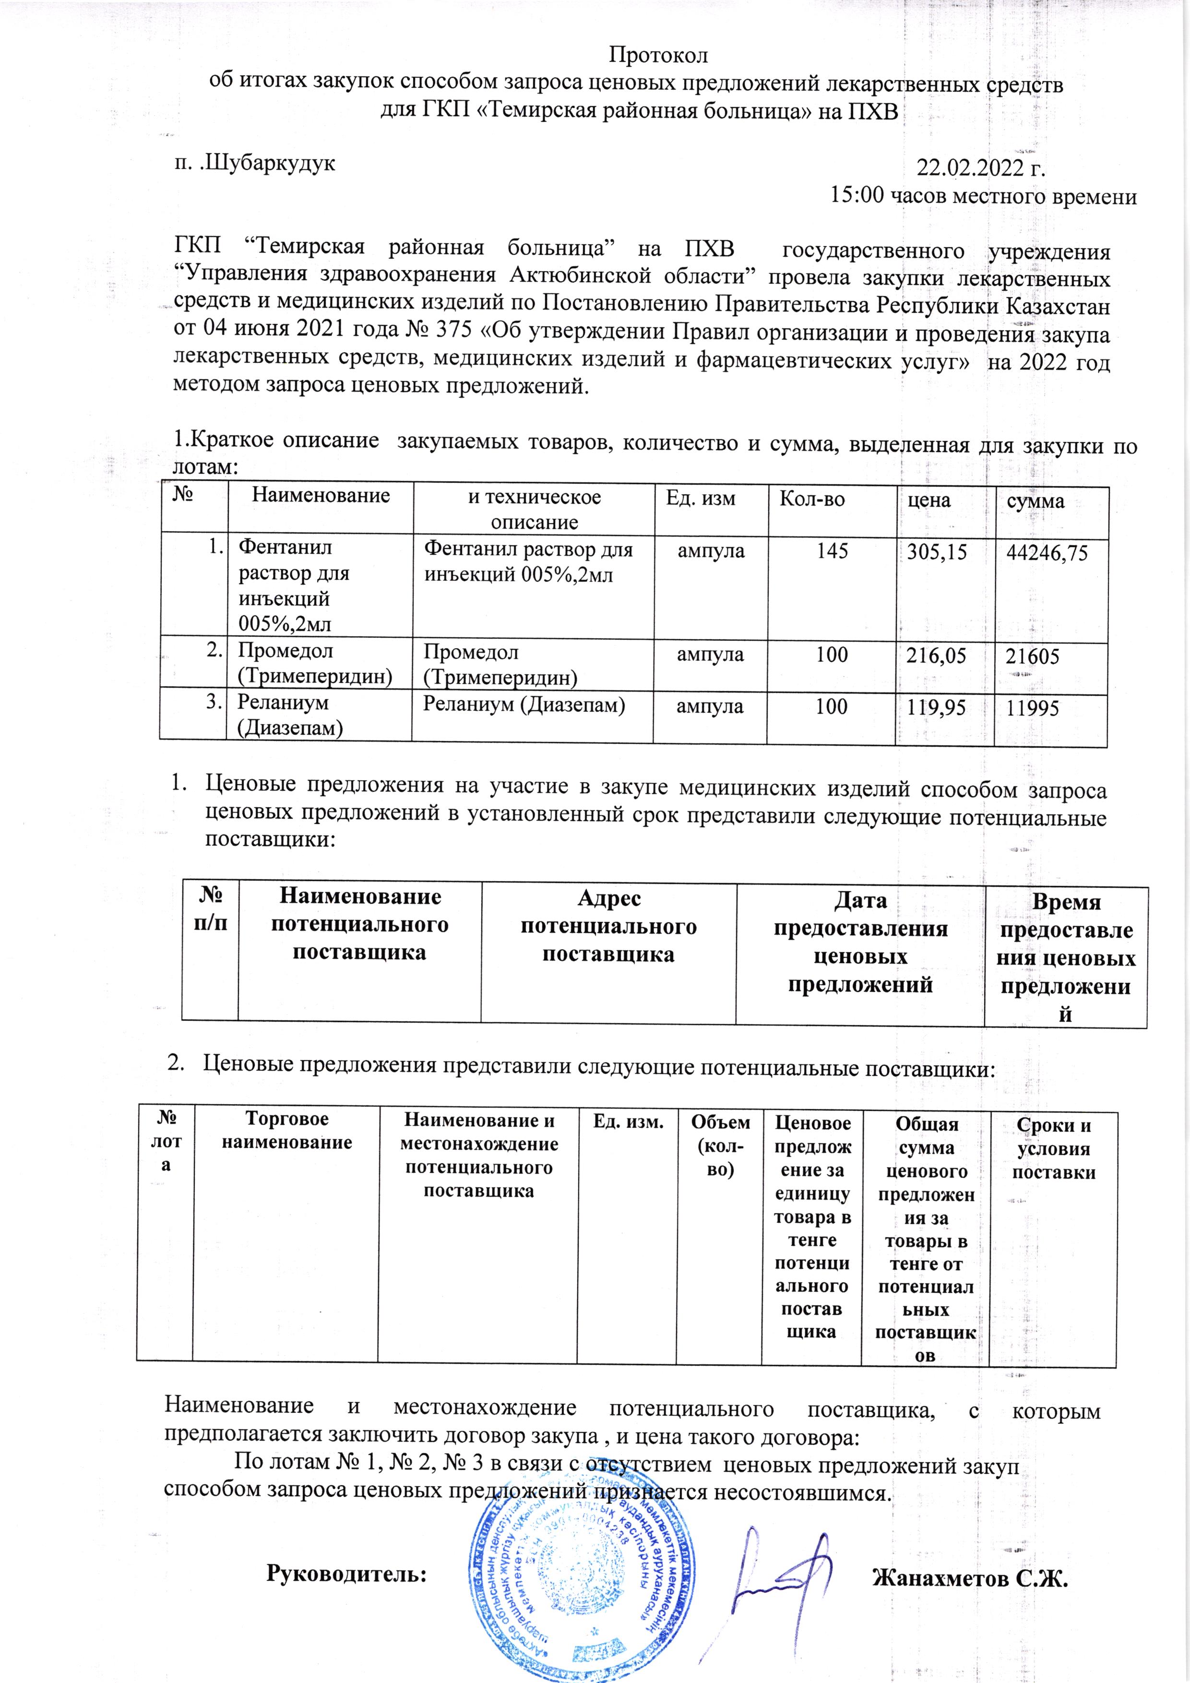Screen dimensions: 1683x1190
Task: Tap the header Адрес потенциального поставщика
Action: pos(608,927)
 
